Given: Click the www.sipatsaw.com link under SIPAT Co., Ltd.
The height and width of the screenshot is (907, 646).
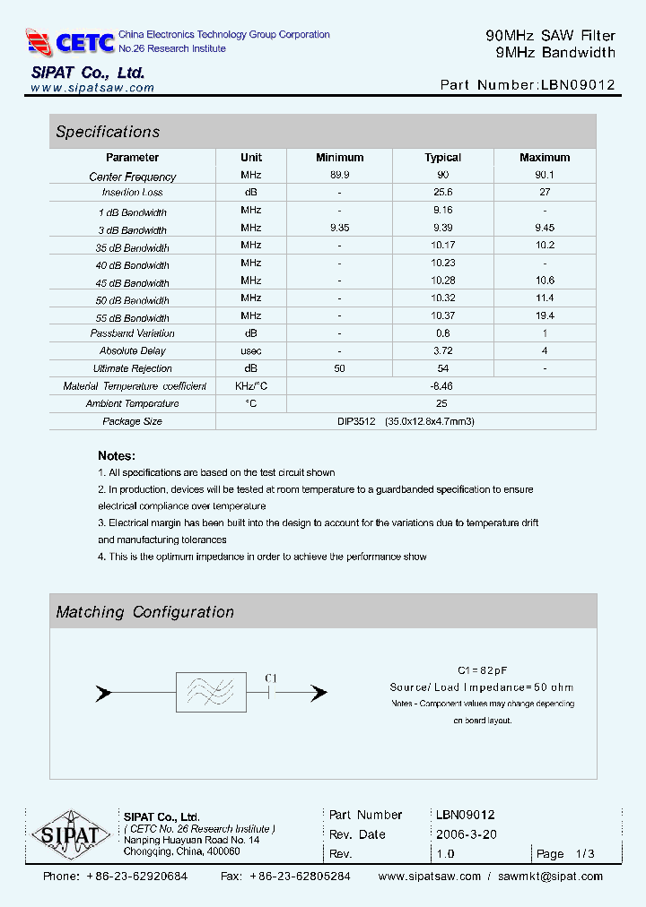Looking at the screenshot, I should click(92, 88).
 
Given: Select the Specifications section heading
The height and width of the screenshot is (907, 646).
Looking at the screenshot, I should click(108, 132).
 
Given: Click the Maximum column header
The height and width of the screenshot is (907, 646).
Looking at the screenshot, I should click(545, 158).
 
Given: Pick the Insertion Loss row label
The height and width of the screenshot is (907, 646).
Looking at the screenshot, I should click(133, 193).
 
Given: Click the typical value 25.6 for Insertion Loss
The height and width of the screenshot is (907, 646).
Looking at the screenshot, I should click(442, 193).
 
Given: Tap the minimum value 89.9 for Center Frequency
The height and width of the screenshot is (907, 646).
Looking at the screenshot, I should click(340, 176).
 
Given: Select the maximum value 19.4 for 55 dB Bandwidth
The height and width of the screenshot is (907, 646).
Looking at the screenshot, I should click(545, 316).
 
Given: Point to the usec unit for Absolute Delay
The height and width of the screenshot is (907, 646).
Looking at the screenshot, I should click(251, 351).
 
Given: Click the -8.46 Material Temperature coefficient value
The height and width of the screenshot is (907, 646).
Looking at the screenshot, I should click(441, 386).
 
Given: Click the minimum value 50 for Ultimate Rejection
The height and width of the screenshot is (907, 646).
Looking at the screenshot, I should click(340, 368).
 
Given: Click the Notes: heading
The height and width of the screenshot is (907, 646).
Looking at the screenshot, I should click(117, 455).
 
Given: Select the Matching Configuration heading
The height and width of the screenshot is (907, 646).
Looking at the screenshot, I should click(144, 612).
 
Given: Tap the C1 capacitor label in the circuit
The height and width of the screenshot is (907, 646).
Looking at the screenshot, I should click(271, 678).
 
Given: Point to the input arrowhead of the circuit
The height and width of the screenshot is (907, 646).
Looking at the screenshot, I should click(104, 693).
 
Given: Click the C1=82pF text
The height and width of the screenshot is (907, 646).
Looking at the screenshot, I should click(481, 670).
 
